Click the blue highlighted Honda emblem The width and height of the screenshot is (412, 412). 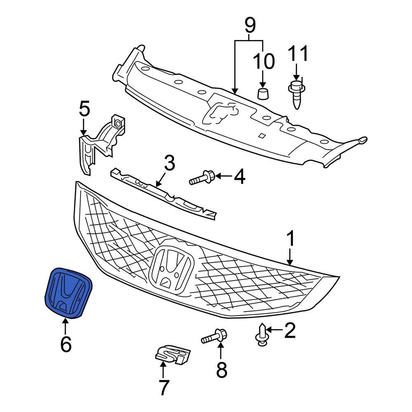click(68, 293)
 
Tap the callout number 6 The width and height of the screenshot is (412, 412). click(66, 344)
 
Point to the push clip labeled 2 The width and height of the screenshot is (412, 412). click(262, 335)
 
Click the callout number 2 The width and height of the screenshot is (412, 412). click(290, 330)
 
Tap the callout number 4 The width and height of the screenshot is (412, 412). click(239, 177)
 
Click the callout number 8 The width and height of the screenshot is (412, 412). click(221, 371)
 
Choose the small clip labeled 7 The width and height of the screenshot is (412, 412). click(173, 356)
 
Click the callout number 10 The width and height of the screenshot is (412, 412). click(264, 62)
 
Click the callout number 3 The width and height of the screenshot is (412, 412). click(169, 163)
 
